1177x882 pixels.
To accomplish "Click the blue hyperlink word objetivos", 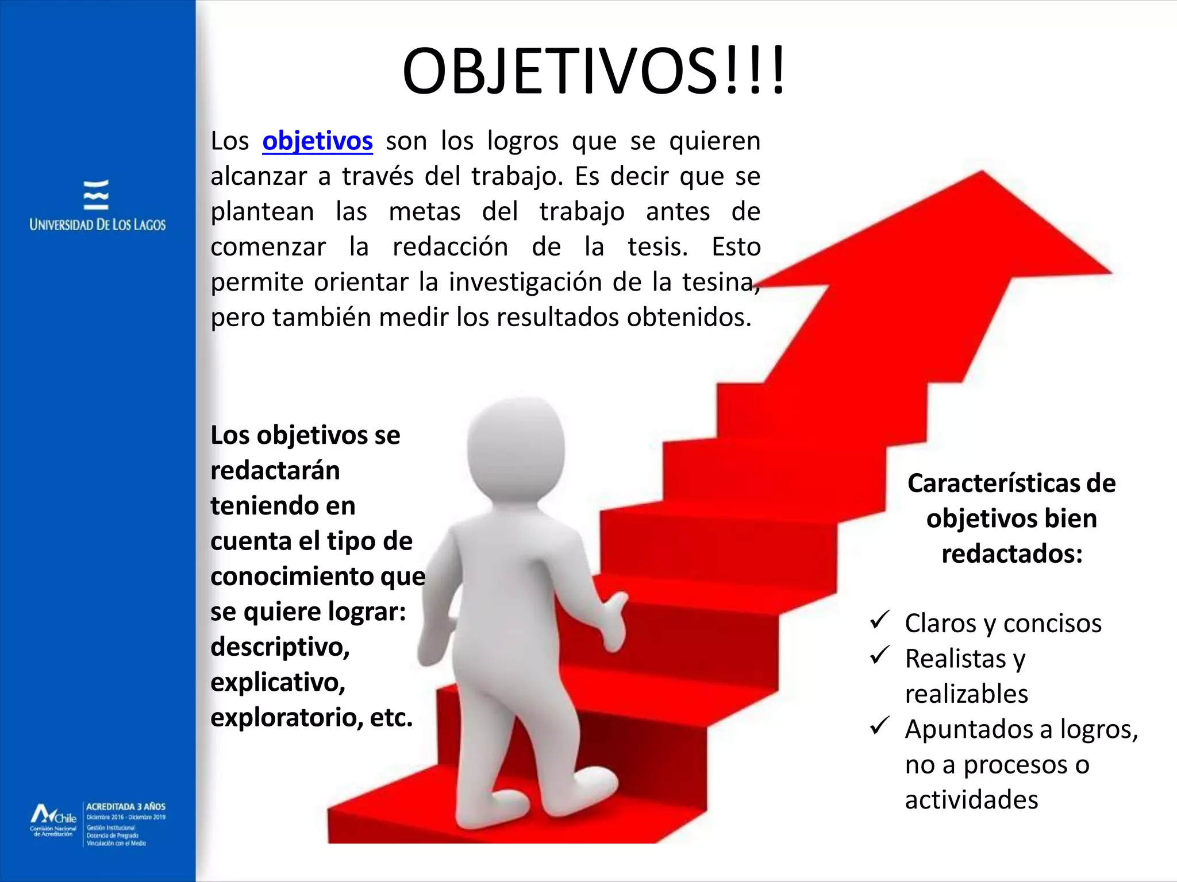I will [x=317, y=141].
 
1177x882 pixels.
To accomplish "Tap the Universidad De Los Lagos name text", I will [x=98, y=225].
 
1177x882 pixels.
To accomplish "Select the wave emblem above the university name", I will [x=96, y=195].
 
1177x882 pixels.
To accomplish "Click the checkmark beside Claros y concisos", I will [x=880, y=620].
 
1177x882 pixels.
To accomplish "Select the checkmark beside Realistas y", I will [x=880, y=655].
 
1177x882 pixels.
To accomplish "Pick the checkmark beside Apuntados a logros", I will [x=880, y=726].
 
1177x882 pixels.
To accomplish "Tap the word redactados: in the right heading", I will [x=1011, y=554].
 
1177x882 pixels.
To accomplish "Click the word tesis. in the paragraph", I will [x=657, y=247].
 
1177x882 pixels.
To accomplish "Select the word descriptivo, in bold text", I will [x=280, y=648].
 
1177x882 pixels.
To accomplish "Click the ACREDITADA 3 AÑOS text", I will [x=126, y=807].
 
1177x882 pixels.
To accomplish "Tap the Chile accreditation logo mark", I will [x=53, y=815].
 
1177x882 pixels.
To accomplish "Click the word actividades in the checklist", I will [x=971, y=800].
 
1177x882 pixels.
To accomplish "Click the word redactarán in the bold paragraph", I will [x=275, y=471].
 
